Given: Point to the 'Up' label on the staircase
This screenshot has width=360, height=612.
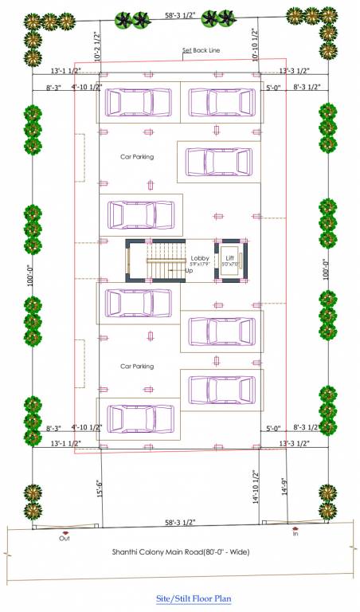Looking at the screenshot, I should click(x=189, y=271).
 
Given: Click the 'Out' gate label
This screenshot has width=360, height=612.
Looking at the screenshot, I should click(x=65, y=538).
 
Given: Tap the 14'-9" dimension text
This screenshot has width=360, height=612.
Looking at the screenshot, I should click(x=282, y=487).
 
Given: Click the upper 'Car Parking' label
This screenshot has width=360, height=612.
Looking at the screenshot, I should click(x=136, y=157).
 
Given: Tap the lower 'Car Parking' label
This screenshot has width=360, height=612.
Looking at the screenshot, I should click(x=136, y=367).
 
